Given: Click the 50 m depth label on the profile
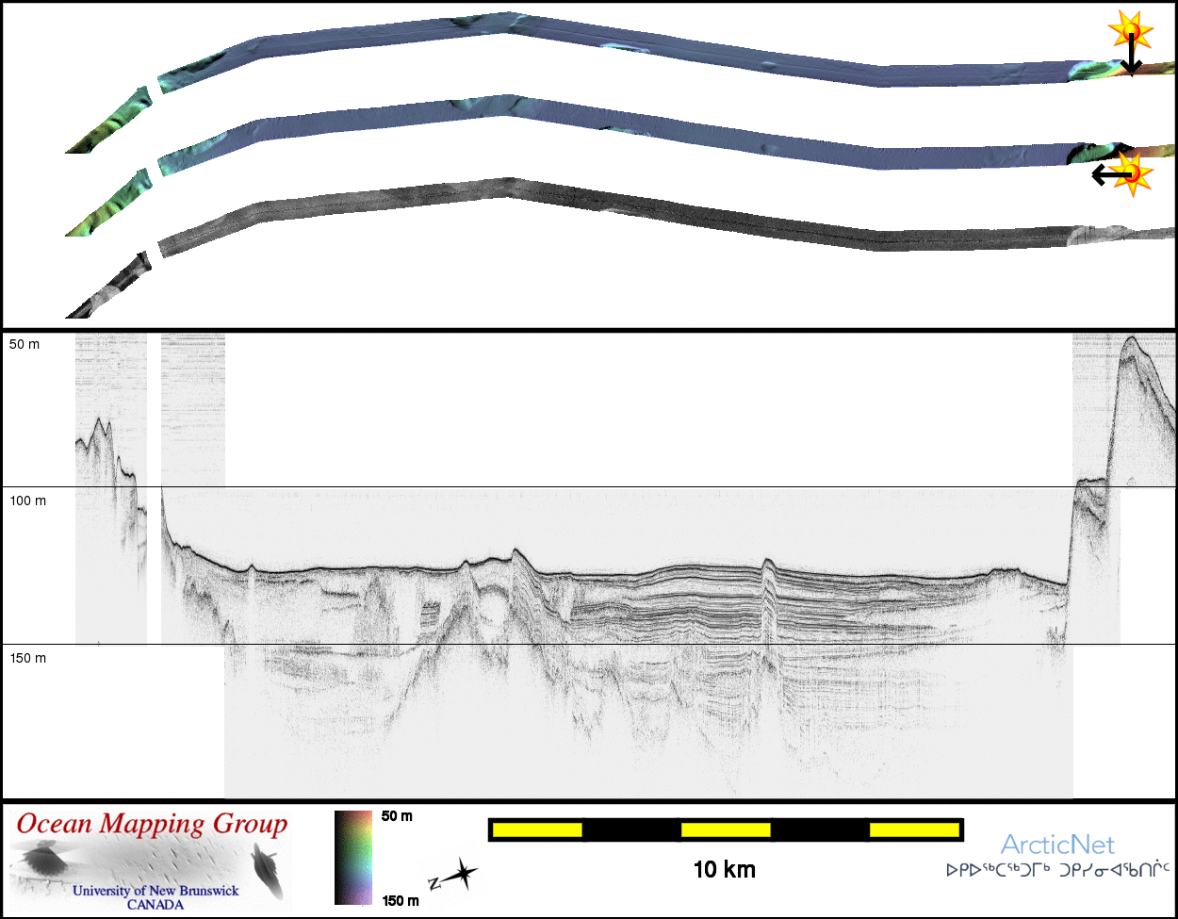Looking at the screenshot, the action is pos(25,345).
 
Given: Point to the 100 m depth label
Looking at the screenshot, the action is pos(27,501).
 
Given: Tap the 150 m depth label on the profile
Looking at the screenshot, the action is pos(27,658).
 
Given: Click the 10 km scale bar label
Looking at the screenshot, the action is pos(725,870).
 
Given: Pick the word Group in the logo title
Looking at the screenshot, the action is pos(250,825).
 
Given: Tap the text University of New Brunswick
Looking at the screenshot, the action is pos(155,891).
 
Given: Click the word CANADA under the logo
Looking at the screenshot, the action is pos(155,904).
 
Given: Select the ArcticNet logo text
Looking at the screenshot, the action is pos(1057,845).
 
